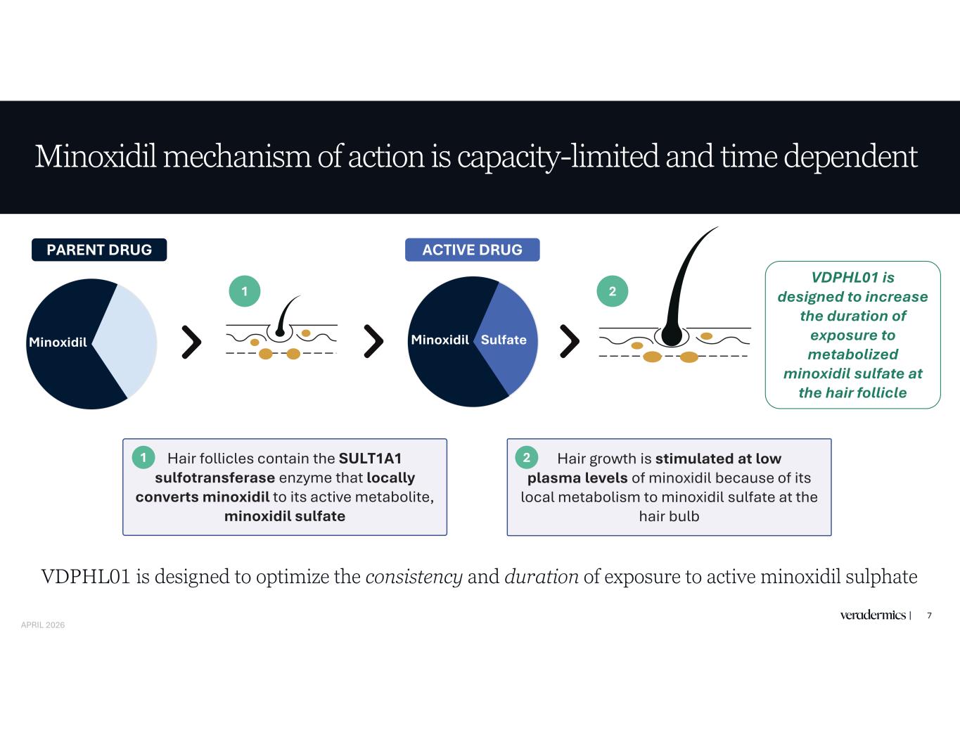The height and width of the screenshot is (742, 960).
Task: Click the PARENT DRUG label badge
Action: point(99,250)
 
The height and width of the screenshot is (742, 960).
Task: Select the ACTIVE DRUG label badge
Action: point(472,250)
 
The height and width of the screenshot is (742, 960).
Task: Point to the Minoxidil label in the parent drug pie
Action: point(58,343)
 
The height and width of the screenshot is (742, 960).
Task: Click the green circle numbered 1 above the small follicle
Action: point(245,291)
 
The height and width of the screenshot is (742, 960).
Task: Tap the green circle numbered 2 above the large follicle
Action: point(612,291)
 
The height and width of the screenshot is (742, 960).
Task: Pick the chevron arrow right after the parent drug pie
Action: point(191,342)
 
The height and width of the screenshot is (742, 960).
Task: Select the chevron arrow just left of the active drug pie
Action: point(373,342)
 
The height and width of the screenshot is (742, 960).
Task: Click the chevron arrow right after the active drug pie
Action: point(569,342)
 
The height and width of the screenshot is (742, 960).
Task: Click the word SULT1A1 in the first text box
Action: point(370,459)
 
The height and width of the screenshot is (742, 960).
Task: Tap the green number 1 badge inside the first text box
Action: point(143,458)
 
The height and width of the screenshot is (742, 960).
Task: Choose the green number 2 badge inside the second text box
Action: point(526,458)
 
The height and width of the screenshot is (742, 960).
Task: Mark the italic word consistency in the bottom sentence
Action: point(414,577)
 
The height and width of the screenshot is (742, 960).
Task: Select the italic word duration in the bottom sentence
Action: point(541,577)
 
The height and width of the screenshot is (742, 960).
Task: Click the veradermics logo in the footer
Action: point(873,615)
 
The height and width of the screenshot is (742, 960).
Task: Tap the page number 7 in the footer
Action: point(929,615)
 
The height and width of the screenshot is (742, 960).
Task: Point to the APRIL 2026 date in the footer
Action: point(43,625)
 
